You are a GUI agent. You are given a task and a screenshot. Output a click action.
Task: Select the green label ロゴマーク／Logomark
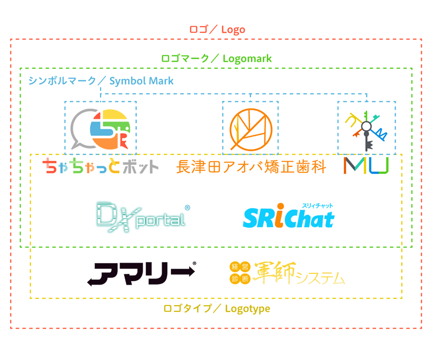(x=216, y=58)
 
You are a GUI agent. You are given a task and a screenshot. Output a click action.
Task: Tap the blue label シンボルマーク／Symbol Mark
(x=101, y=81)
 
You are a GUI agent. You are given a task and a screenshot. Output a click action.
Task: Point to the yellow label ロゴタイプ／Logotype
(x=217, y=308)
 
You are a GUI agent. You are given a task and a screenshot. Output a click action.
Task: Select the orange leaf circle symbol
(x=250, y=129)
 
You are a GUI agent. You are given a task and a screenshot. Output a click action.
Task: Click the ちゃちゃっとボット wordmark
(x=101, y=166)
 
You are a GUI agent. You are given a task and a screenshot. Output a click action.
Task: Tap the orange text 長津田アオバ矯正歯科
(x=251, y=167)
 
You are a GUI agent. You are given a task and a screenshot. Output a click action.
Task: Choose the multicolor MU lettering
(x=366, y=165)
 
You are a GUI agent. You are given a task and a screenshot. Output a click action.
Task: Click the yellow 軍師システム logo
(x=287, y=273)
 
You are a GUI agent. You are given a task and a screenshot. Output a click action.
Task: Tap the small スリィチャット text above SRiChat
(x=317, y=206)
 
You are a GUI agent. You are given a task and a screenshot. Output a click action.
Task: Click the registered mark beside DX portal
(x=187, y=208)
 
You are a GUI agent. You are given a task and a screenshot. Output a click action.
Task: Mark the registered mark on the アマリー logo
(x=193, y=265)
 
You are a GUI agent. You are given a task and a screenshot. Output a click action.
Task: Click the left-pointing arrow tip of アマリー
(x=91, y=281)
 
